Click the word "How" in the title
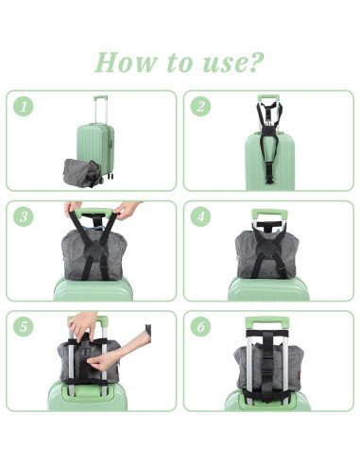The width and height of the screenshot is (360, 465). coord(126,61)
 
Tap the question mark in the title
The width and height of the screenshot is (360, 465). coord(255,61)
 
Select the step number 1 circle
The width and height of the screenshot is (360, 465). coord(24,106)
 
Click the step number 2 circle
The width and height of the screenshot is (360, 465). coord(200,106)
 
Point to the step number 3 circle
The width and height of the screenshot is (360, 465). coord(24,216)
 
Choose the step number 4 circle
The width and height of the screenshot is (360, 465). coord(200,216)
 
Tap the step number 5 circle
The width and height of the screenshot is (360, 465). coord(24,327)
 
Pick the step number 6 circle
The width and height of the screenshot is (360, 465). coord(200,327)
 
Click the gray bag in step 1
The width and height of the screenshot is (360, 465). coord(81,173)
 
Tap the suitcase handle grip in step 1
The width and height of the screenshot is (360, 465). coord(100,98)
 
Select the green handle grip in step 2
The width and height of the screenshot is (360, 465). coord(268,98)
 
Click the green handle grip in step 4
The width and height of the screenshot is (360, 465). coord(269,215)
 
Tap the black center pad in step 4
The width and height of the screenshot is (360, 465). coord(267,251)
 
